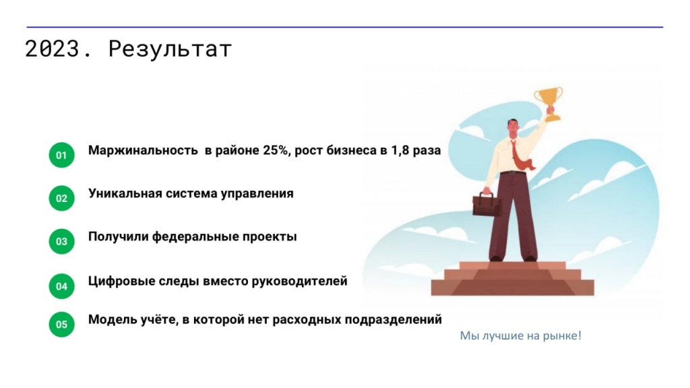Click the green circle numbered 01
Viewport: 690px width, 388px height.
[61, 156]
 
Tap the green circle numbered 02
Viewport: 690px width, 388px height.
[61, 198]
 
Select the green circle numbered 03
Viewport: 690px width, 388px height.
[61, 241]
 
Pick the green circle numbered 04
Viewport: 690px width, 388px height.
[61, 286]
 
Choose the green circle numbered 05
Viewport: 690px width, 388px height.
[61, 324]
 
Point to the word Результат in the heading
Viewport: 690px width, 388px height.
[170, 49]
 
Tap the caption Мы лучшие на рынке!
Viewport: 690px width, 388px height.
[520, 335]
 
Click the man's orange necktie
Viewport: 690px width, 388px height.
[519, 156]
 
